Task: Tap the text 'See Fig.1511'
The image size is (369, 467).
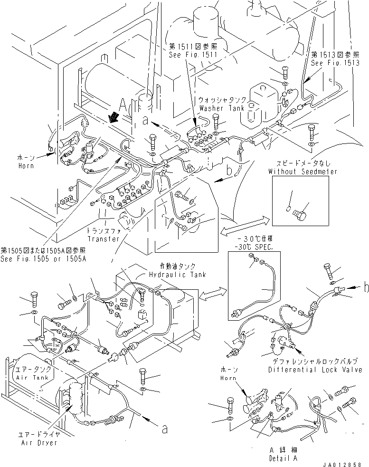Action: tap(193, 55)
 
